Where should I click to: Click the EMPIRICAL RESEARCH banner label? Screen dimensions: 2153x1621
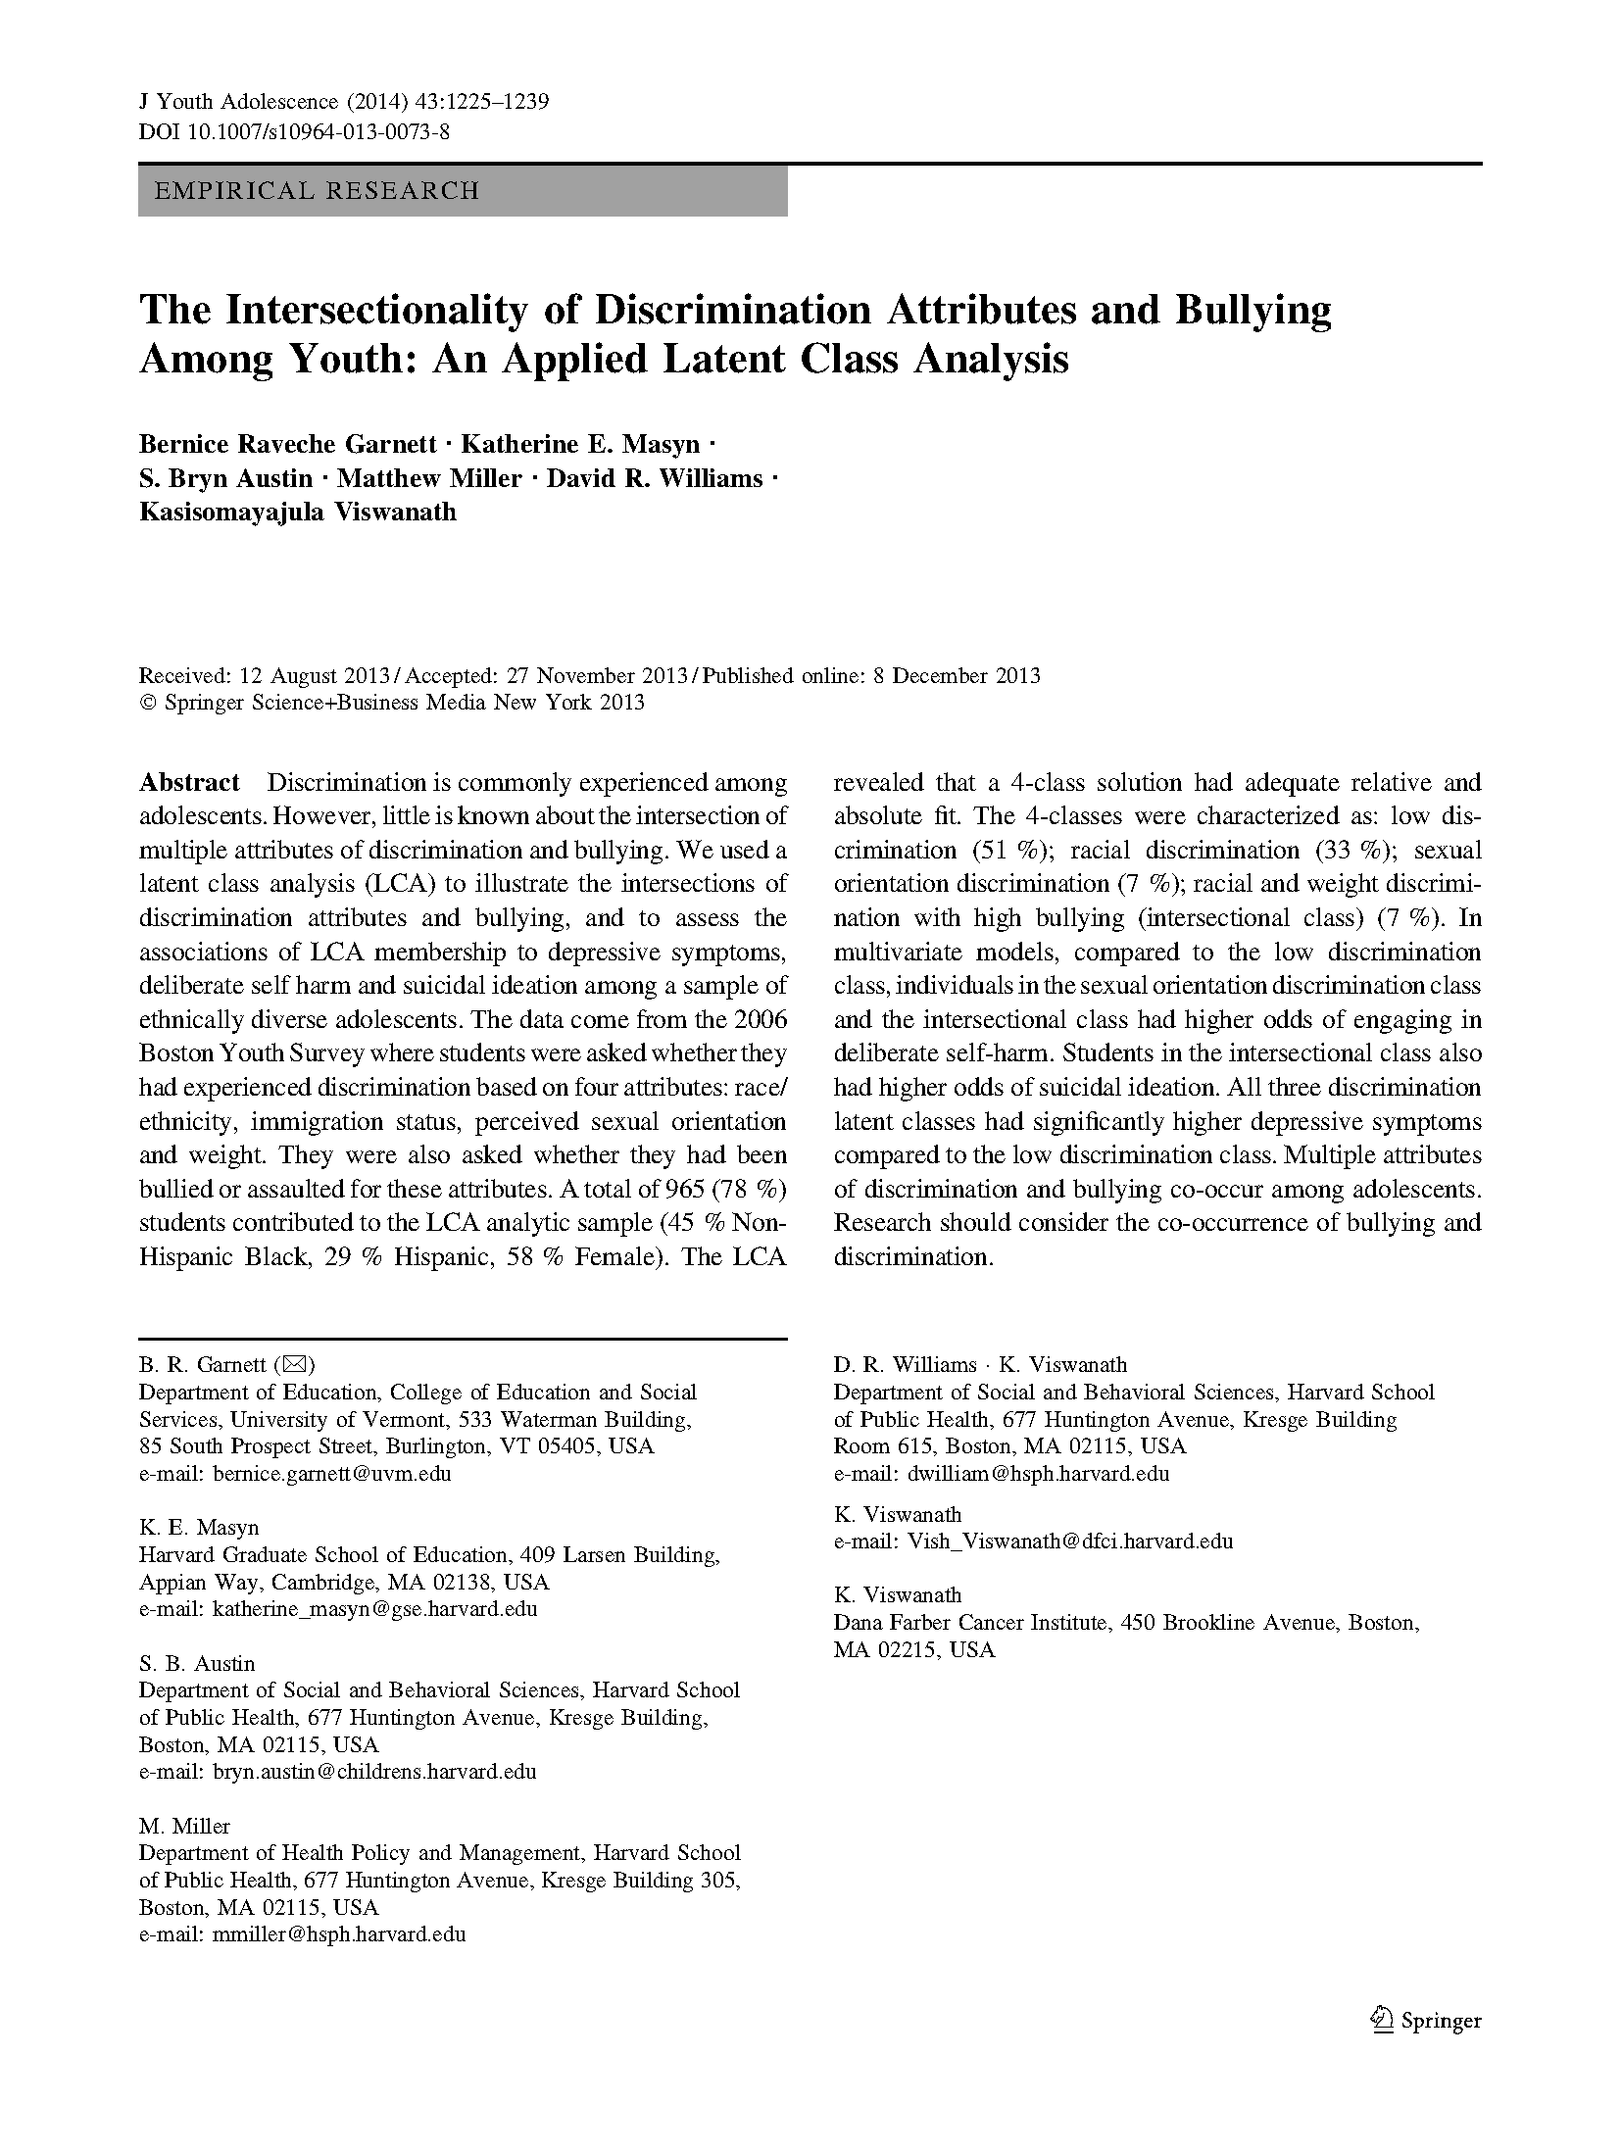317,190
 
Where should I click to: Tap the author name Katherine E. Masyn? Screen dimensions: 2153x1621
580,445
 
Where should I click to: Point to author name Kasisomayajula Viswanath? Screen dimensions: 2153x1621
298,512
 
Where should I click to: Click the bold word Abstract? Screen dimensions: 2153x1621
189,782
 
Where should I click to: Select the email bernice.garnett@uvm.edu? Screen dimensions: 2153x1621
332,1473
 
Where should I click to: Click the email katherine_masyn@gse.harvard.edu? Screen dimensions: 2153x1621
374,1608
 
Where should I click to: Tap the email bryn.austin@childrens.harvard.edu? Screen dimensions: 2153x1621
374,1771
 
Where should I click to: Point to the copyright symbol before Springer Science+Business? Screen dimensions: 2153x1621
149,703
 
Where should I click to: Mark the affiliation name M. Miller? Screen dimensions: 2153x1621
184,1826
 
